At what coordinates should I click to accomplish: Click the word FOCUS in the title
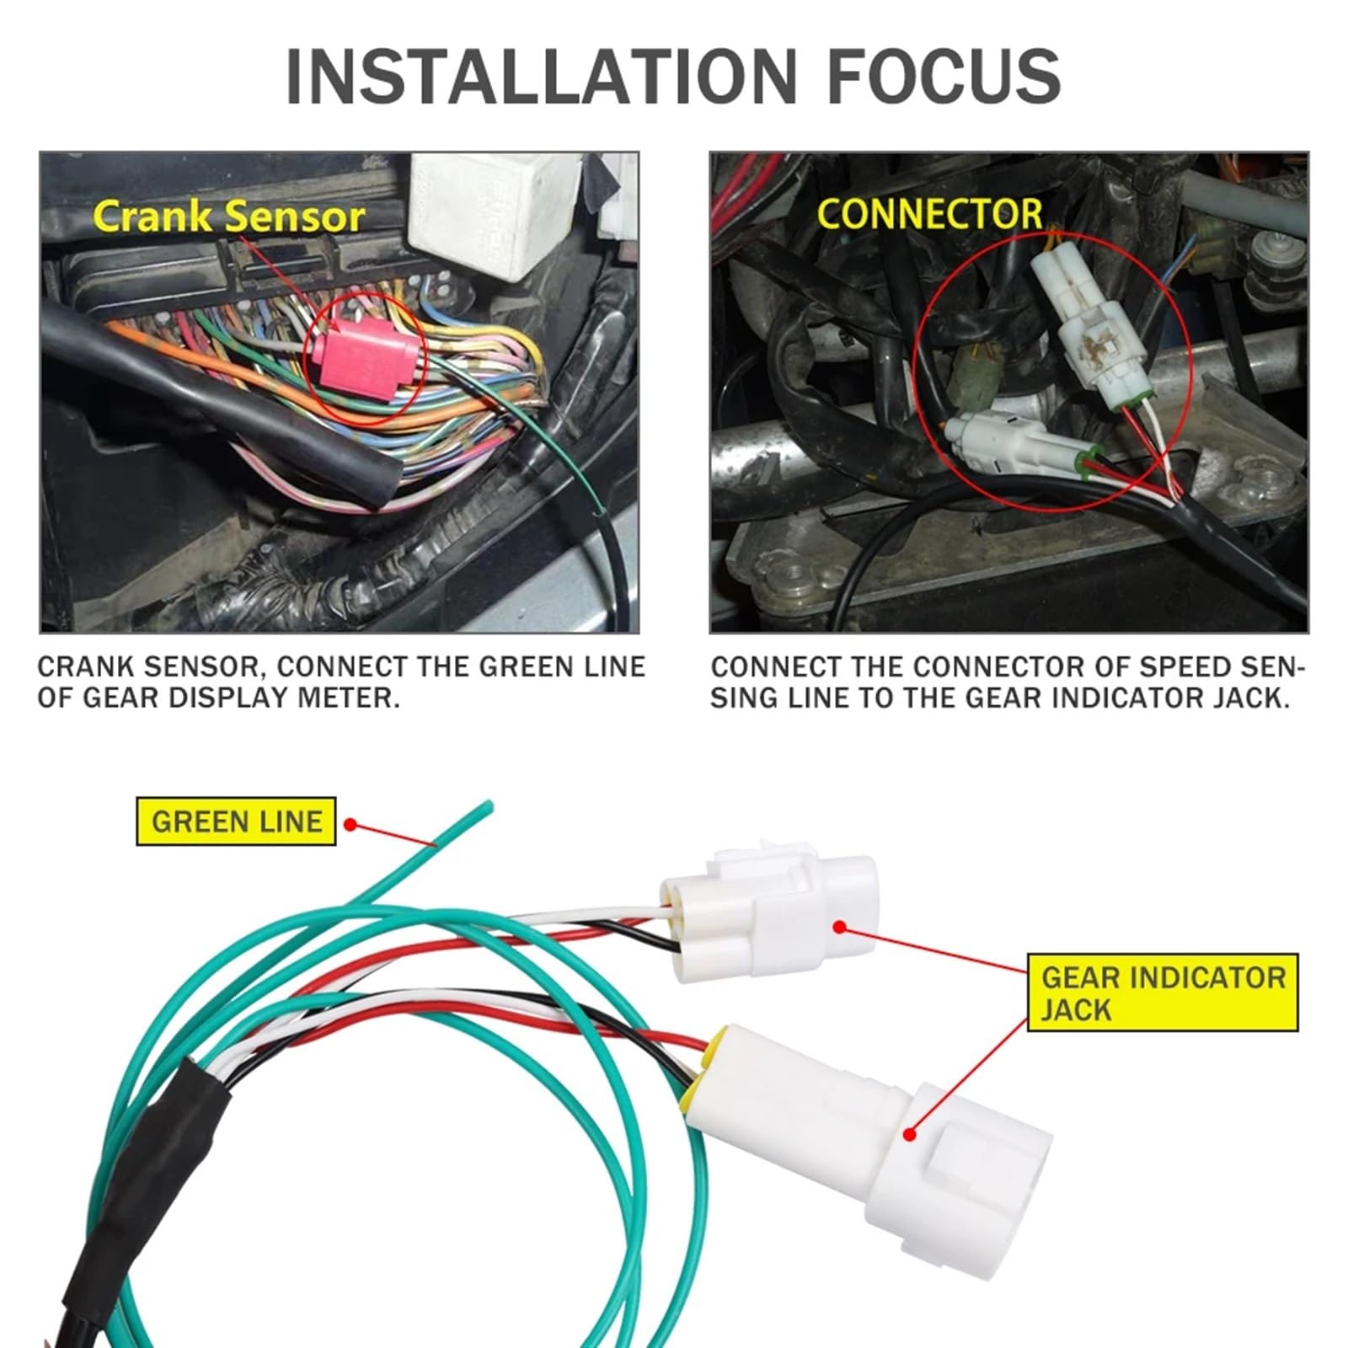click(944, 77)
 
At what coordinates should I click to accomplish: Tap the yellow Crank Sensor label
click(228, 217)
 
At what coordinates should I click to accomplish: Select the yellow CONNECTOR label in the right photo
click(930, 214)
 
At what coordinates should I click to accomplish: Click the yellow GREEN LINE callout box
click(236, 821)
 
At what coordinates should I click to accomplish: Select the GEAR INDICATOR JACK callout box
click(1163, 993)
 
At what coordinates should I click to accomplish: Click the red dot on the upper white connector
click(839, 928)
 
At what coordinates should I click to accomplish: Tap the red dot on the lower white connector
click(910, 1134)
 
